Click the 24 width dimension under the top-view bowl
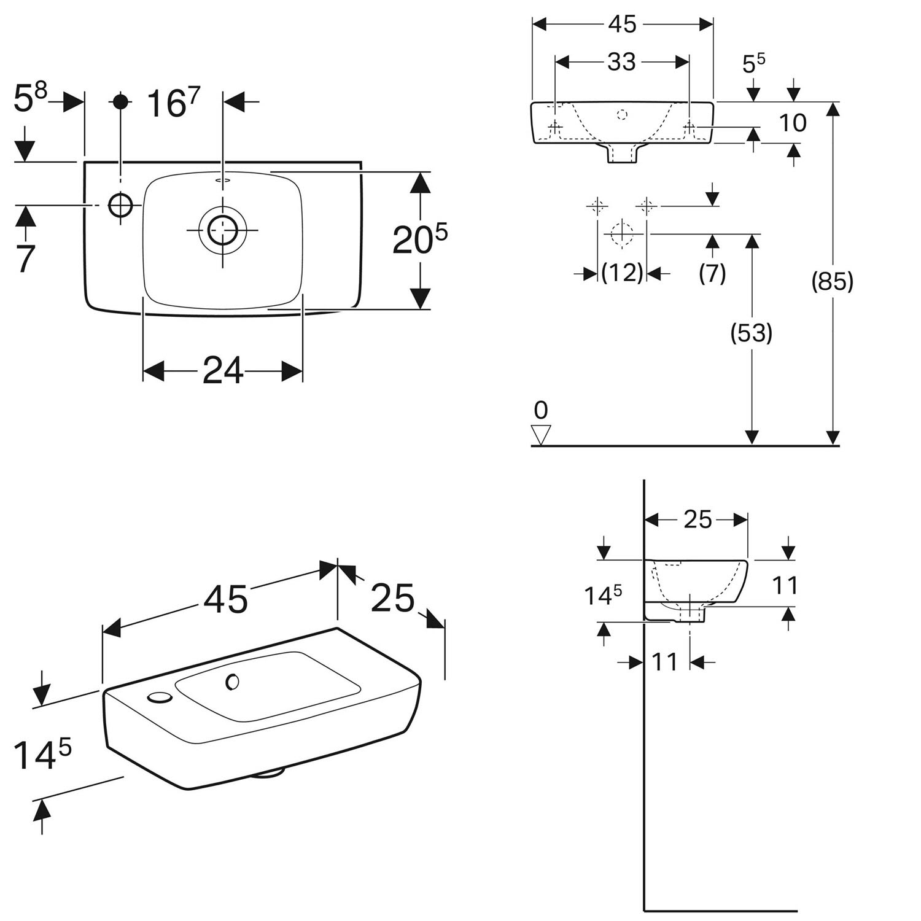pyautogui.click(x=223, y=371)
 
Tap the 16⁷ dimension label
pyautogui.click(x=174, y=103)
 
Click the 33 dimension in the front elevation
pyautogui.click(x=621, y=61)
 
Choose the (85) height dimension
pyautogui.click(x=833, y=282)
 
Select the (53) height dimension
pyautogui.click(x=752, y=333)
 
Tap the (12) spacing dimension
pyautogui.click(x=623, y=273)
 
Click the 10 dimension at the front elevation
pyautogui.click(x=792, y=123)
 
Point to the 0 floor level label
pyautogui.click(x=541, y=410)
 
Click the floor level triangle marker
pyautogui.click(x=541, y=435)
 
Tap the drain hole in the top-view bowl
pyautogui.click(x=222, y=230)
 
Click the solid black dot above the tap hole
pyautogui.click(x=121, y=101)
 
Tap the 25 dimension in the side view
pyautogui.click(x=698, y=519)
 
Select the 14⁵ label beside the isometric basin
pyautogui.click(x=42, y=754)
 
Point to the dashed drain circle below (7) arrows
pyautogui.click(x=622, y=234)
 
